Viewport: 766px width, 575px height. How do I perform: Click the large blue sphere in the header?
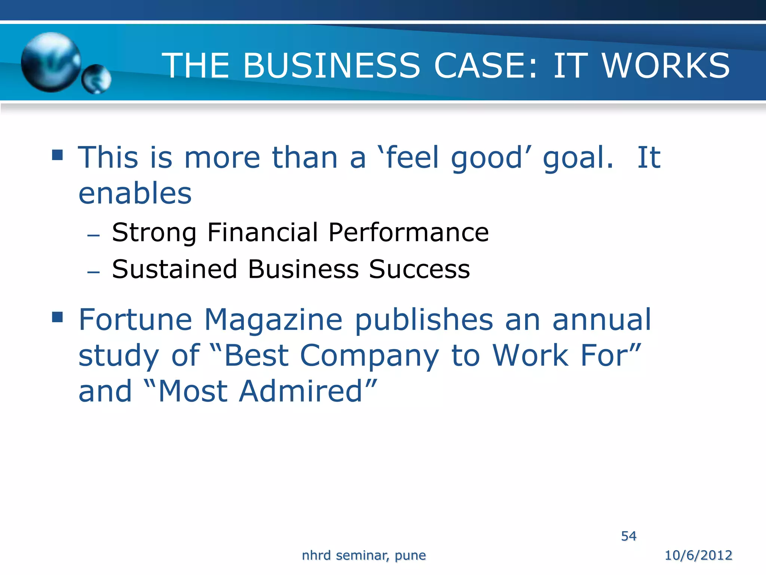[x=51, y=62]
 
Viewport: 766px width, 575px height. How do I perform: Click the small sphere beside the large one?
[x=96, y=79]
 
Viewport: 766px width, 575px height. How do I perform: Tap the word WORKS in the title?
[x=666, y=66]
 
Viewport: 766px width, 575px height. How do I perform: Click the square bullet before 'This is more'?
[x=57, y=155]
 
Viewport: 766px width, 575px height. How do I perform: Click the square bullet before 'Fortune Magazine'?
[x=57, y=317]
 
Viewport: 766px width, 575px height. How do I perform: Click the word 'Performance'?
[x=408, y=232]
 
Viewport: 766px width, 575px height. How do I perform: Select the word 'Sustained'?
[x=174, y=269]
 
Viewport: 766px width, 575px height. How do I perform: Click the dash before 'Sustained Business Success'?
[x=93, y=272]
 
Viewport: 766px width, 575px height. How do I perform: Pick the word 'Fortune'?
[x=135, y=320]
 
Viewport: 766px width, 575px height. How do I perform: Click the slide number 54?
[x=628, y=536]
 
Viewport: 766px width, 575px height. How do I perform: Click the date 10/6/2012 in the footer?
[x=698, y=555]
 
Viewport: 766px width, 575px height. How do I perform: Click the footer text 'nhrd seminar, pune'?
[x=364, y=556]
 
